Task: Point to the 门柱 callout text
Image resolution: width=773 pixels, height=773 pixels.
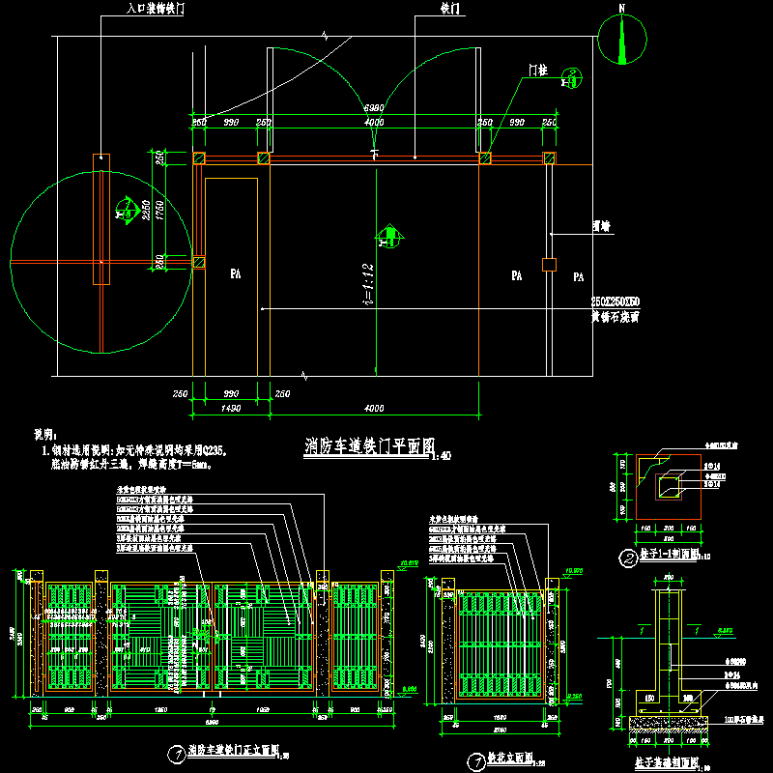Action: [x=536, y=70]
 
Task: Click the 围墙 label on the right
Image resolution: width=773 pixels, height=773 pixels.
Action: [x=601, y=227]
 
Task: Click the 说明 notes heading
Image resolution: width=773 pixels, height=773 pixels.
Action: [x=46, y=436]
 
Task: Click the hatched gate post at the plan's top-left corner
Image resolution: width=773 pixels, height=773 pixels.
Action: [x=200, y=158]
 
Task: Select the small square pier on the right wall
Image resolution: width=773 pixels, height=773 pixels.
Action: [x=549, y=264]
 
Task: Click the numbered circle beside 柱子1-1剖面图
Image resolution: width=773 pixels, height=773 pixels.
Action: [x=627, y=558]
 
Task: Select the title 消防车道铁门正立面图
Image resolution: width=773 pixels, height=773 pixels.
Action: [x=232, y=750]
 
